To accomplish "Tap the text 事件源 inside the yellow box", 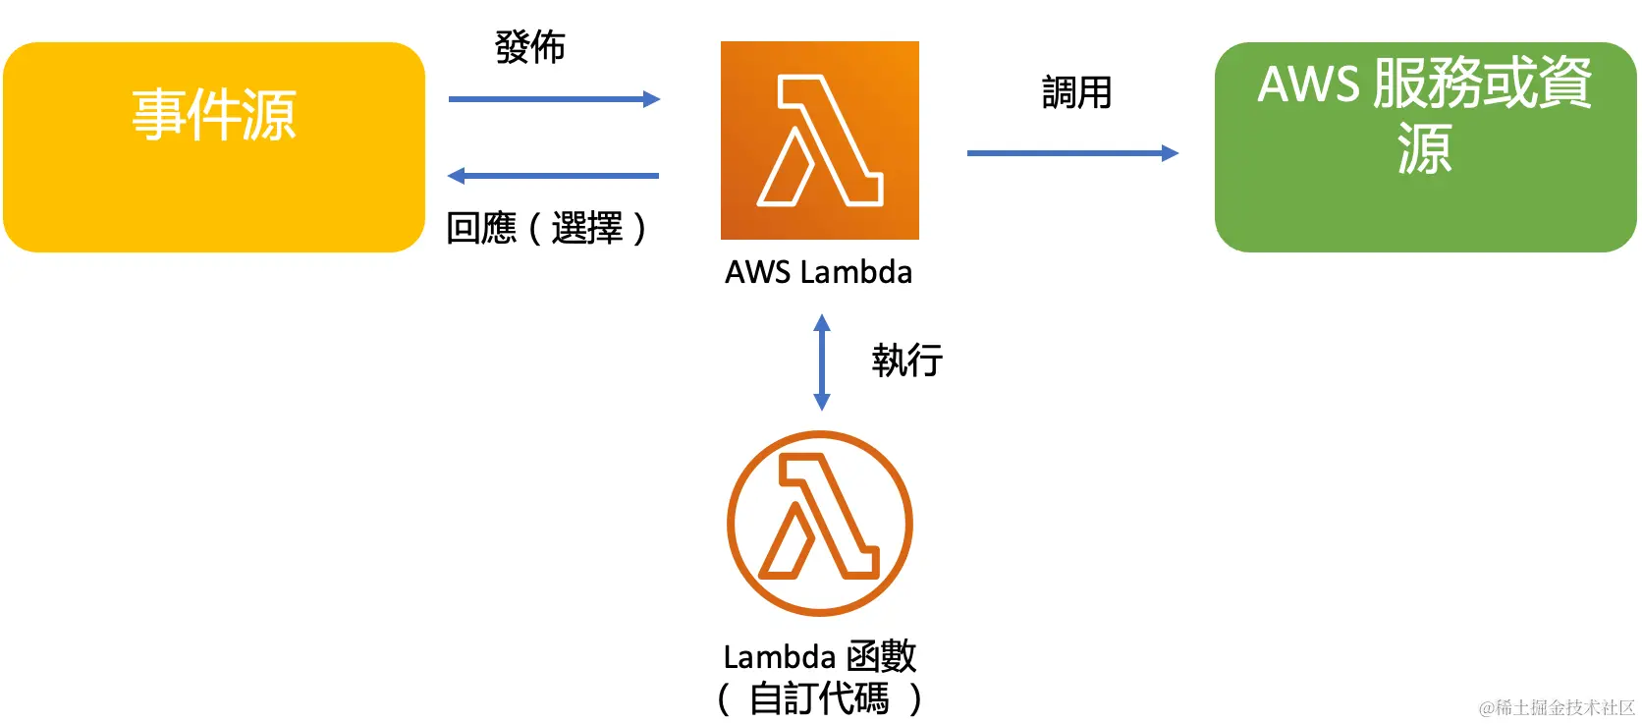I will (213, 114).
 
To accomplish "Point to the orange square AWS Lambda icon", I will (819, 140).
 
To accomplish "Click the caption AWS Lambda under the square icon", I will (818, 272).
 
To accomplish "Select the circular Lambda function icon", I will (819, 523).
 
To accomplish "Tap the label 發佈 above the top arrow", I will (529, 47).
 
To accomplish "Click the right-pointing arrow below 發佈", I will (553, 99).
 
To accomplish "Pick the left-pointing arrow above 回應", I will (553, 176).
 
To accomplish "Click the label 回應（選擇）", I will (546, 228).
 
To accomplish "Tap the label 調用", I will (1076, 93).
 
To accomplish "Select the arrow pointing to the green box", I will (1071, 153).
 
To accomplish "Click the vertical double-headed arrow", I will (822, 362).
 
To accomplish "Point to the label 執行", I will (906, 361).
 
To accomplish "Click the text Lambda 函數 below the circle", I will (819, 656).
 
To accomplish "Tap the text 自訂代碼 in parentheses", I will (819, 698).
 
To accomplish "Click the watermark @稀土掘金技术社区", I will (1556, 707).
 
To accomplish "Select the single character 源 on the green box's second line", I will (1424, 149).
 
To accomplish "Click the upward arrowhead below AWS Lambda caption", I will (822, 321).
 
